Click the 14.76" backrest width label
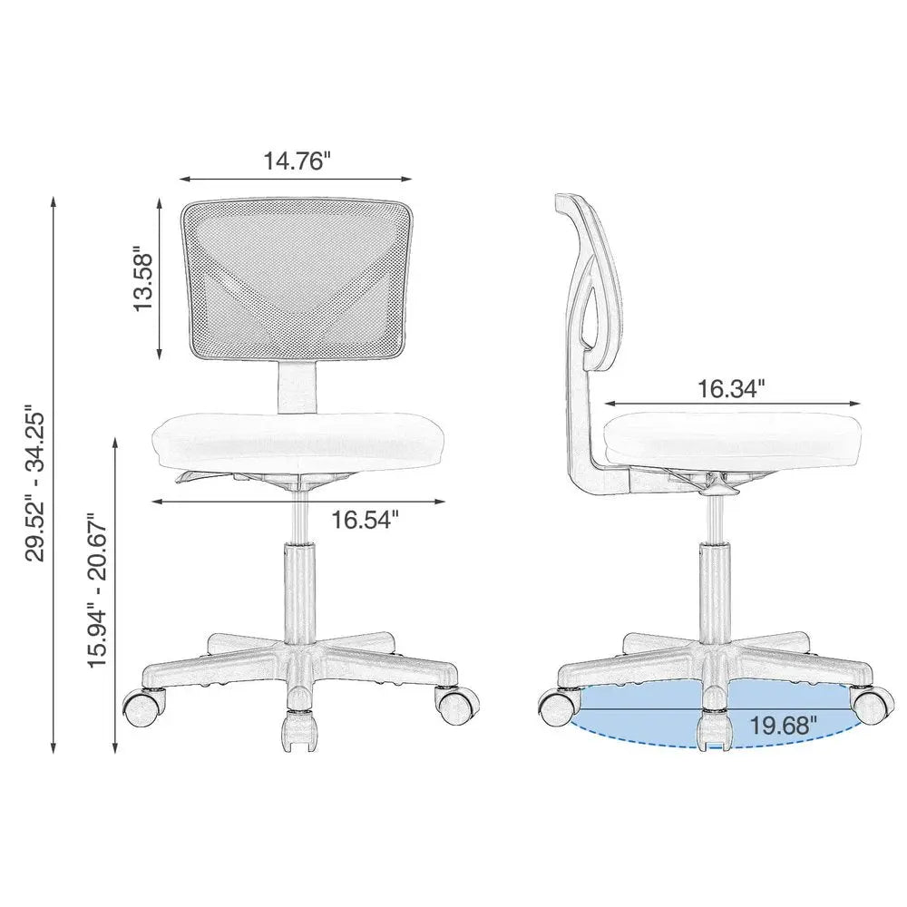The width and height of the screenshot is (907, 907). [297, 161]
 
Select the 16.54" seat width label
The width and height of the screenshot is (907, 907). [365, 519]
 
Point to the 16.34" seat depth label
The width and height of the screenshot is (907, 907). [731, 388]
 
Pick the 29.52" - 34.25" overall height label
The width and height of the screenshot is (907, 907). [40, 483]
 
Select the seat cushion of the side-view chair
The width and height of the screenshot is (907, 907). [732, 437]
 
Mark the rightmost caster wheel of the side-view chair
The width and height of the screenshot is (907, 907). [871, 703]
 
